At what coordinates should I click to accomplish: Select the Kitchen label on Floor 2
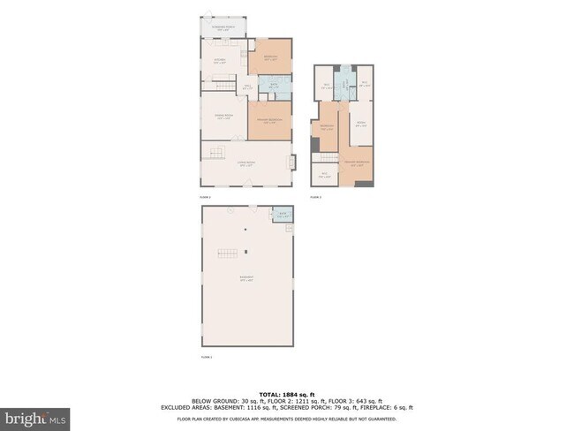click(220, 61)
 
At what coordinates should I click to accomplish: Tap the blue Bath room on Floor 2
click(275, 86)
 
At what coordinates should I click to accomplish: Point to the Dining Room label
click(223, 117)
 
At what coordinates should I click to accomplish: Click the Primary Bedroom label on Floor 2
click(268, 122)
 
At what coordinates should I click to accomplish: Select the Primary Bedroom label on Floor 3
click(357, 164)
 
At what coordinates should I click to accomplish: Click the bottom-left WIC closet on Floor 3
click(324, 174)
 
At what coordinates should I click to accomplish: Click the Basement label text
click(246, 280)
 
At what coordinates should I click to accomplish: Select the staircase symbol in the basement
click(228, 253)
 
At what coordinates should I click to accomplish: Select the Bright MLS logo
click(34, 415)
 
